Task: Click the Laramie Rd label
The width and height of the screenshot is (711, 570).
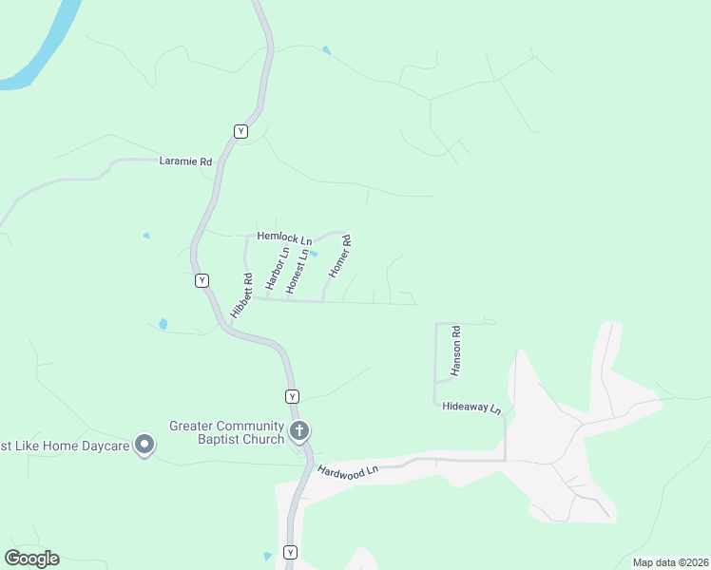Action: [x=184, y=161]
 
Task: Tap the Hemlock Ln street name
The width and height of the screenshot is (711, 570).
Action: [x=284, y=238]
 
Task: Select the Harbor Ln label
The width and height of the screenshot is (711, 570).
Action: [x=277, y=269]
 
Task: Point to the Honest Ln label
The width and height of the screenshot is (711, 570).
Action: [x=298, y=271]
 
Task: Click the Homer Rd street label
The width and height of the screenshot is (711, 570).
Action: [x=340, y=256]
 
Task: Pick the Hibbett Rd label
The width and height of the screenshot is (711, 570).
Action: [x=241, y=295]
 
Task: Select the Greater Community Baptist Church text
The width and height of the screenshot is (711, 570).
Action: [x=227, y=432]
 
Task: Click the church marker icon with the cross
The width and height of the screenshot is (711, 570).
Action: [x=299, y=432]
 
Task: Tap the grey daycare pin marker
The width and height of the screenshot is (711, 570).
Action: [x=144, y=444]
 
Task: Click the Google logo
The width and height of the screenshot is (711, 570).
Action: [x=31, y=558]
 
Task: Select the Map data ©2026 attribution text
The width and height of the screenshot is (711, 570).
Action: [x=669, y=562]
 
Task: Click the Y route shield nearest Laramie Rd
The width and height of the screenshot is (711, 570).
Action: [x=240, y=131]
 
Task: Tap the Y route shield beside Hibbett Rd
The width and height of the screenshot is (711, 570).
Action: [x=202, y=280]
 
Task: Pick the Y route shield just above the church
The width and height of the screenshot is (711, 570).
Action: [x=292, y=395]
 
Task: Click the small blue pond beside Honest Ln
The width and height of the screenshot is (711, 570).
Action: [x=314, y=254]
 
